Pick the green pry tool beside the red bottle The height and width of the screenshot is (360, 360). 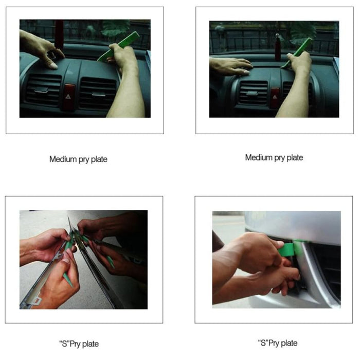click(299, 51)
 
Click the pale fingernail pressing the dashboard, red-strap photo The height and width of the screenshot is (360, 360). click(53, 65)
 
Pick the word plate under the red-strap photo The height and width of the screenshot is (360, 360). click(98, 159)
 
